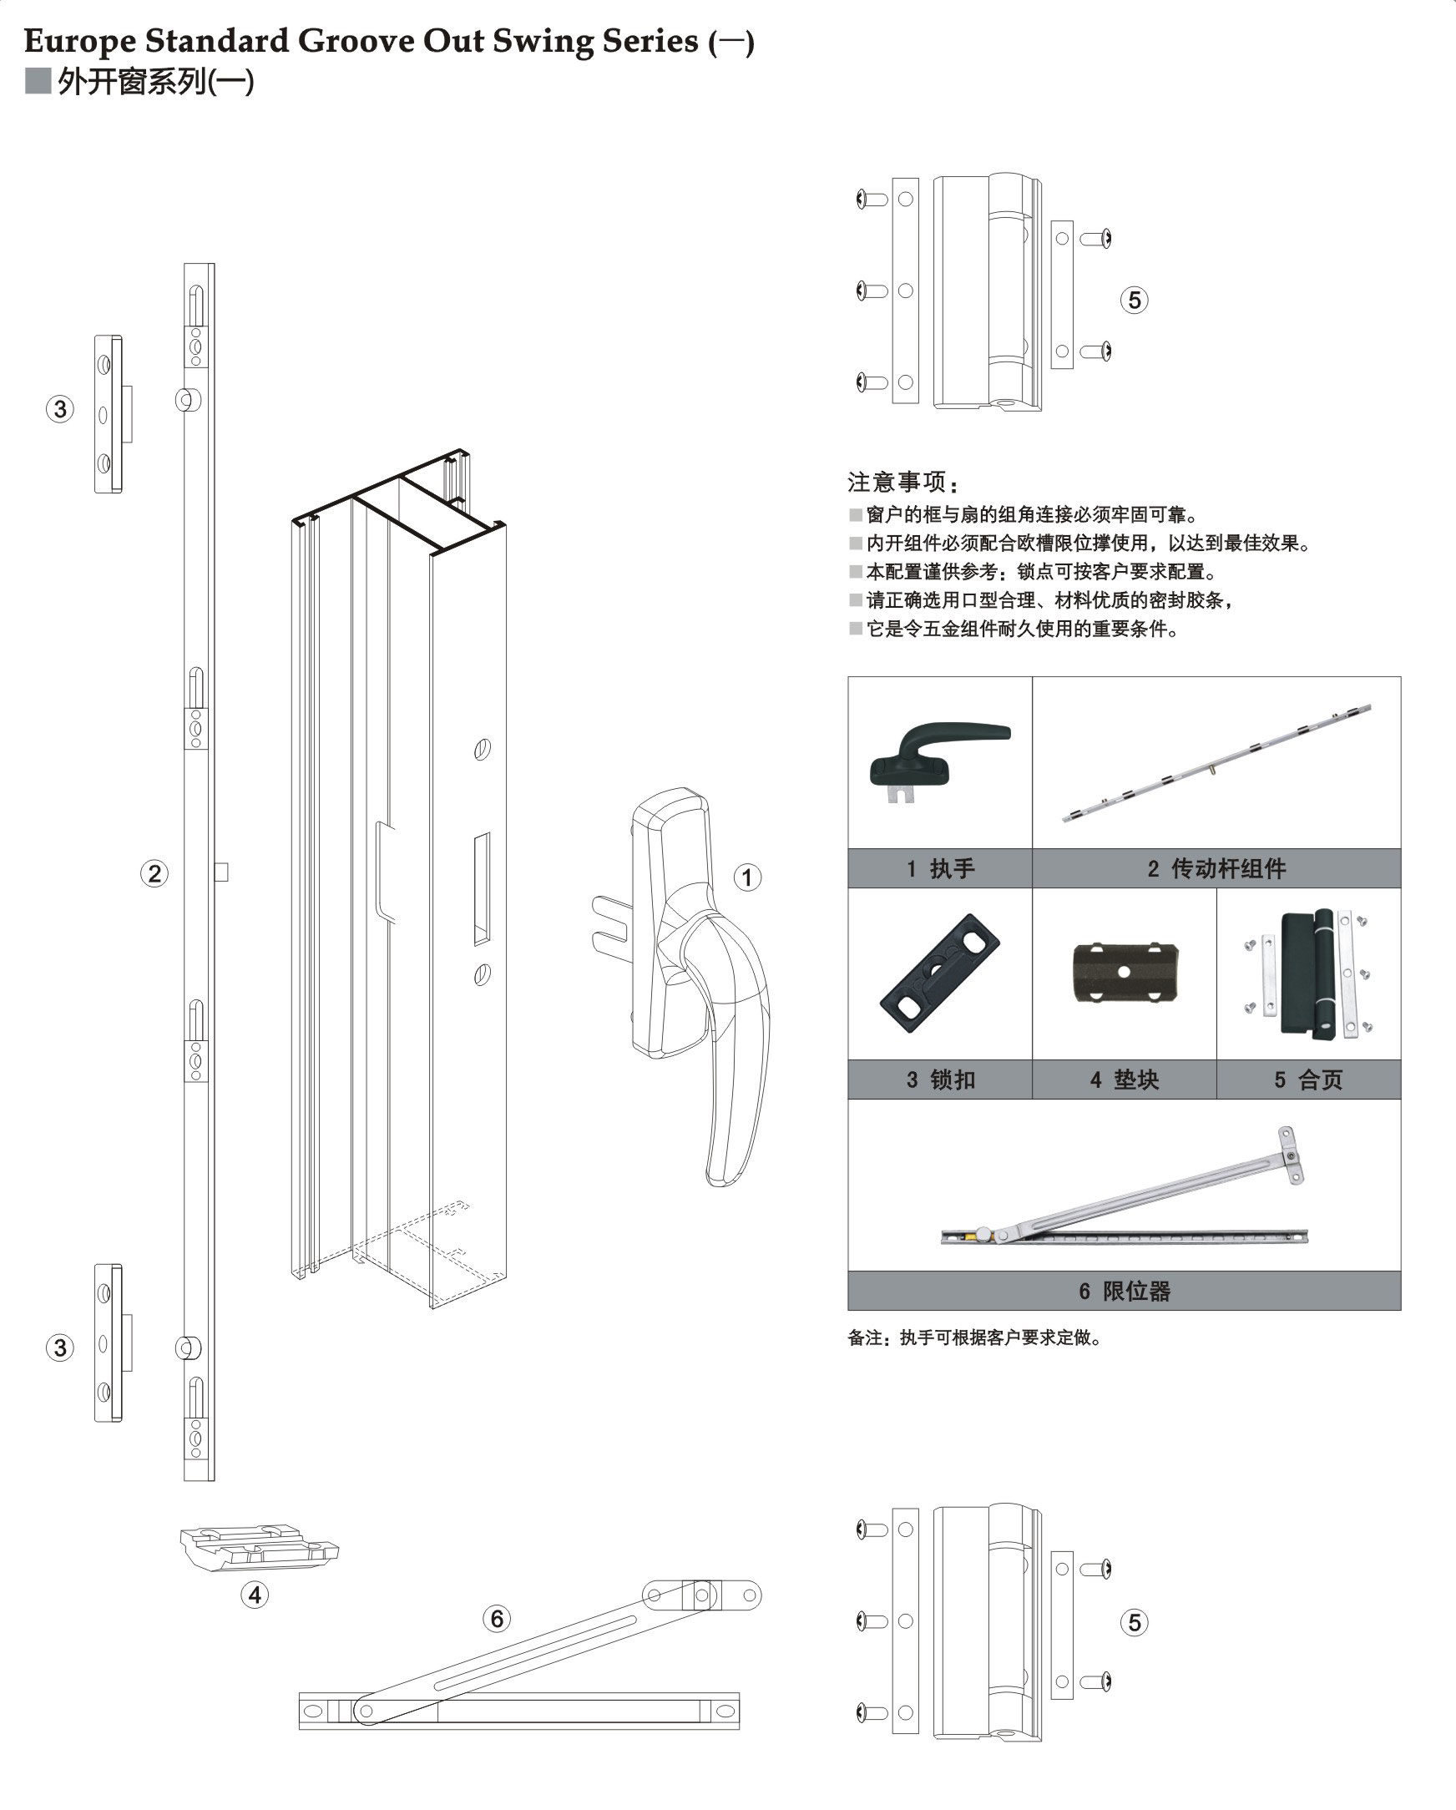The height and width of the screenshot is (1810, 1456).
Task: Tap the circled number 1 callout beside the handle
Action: (747, 878)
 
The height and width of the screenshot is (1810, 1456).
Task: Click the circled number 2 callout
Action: (154, 874)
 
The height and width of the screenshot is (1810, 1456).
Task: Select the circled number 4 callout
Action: (255, 1595)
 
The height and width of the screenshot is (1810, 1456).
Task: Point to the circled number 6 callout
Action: (496, 1619)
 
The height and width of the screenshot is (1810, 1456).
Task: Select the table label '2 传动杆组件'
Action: (1216, 869)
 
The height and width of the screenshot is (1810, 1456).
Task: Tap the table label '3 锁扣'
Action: (939, 1079)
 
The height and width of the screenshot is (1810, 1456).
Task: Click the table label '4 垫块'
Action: (1124, 1079)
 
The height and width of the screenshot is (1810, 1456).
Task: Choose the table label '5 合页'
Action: (1307, 1079)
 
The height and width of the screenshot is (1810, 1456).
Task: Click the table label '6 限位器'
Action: (1124, 1292)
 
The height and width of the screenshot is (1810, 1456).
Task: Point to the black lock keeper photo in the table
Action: (939, 973)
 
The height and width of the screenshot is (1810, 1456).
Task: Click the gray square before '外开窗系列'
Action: (38, 82)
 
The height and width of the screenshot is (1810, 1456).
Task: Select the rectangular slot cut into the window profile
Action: (482, 889)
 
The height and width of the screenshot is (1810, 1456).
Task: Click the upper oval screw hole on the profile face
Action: (482, 749)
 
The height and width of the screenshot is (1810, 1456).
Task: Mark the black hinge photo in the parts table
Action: (1307, 973)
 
